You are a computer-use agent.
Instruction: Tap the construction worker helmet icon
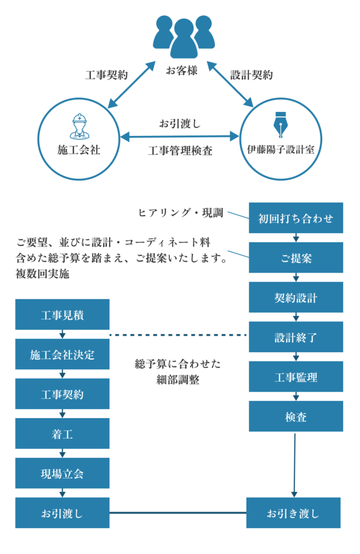click(79, 126)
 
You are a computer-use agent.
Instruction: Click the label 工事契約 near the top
click(106, 75)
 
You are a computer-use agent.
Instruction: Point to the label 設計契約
click(251, 75)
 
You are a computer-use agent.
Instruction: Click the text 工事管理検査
click(180, 151)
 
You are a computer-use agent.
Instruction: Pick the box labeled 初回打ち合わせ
click(296, 218)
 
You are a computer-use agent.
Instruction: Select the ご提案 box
click(296, 258)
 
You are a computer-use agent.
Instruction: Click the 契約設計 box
click(296, 297)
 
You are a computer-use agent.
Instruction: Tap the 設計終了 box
click(296, 337)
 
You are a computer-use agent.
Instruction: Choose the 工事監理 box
click(296, 376)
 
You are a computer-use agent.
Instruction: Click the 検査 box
click(296, 416)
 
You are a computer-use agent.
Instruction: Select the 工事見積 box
click(62, 314)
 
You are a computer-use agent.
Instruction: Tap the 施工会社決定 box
click(62, 354)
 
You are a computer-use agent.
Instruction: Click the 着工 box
click(62, 433)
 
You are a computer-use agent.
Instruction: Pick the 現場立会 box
click(62, 473)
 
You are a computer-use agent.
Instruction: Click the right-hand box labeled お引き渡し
click(294, 512)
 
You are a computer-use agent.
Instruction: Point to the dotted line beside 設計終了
click(178, 335)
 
